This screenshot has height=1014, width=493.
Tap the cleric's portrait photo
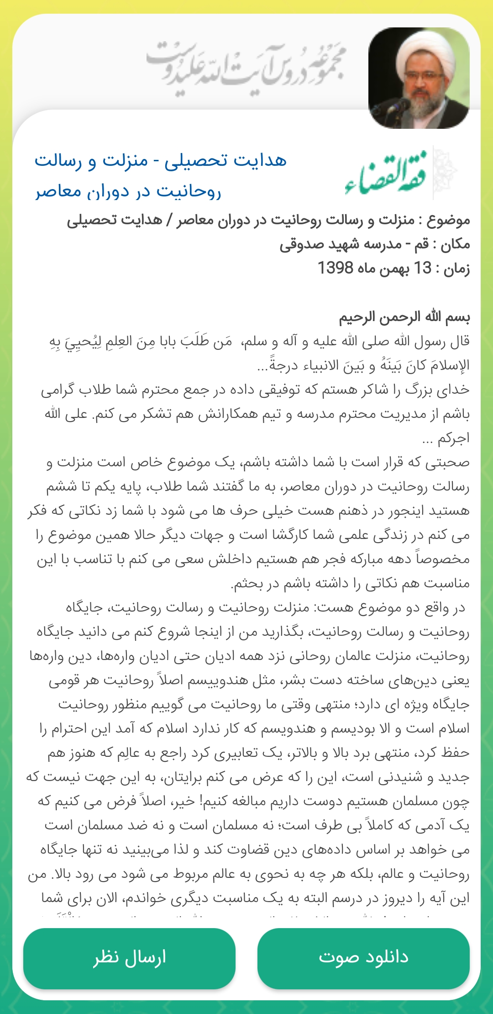pos(419,78)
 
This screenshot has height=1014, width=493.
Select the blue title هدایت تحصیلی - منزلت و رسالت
pos(161,161)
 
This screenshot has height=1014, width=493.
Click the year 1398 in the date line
pos(336,268)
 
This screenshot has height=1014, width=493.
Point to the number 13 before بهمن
pos(422,268)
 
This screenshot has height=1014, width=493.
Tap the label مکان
pos(455,244)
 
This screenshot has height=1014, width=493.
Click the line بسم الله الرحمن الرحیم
pos(404,317)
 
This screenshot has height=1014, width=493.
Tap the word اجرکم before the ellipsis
pos(453,438)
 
